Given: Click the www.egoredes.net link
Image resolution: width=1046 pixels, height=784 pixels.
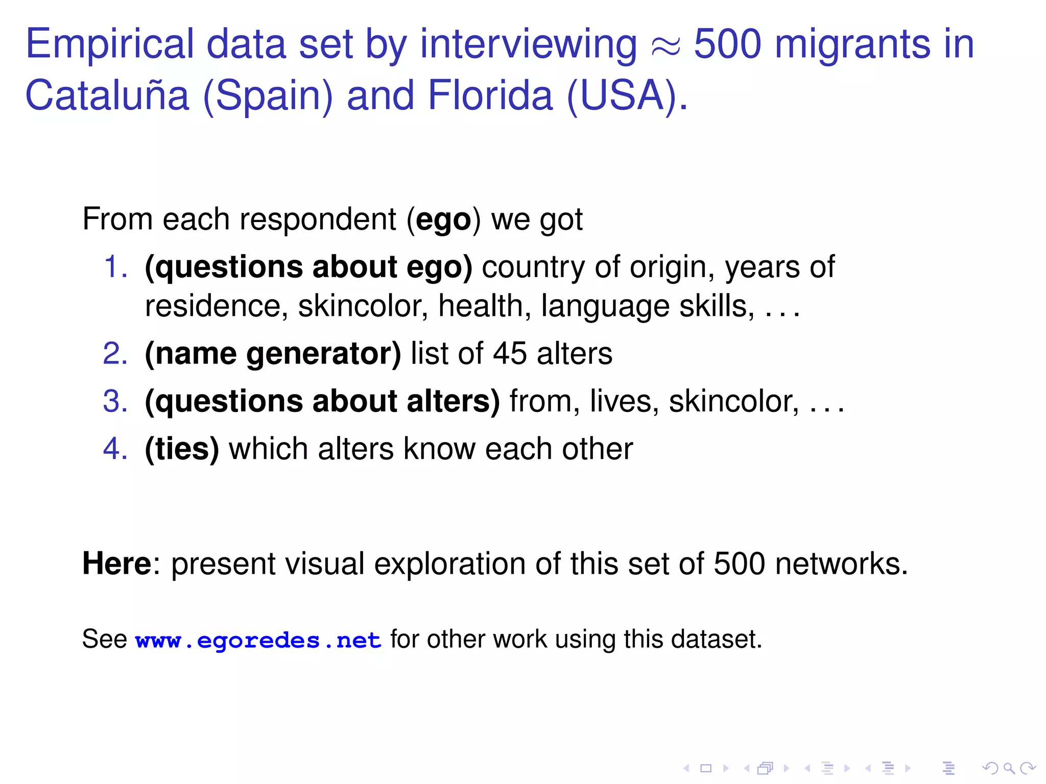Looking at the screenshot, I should pyautogui.click(x=258, y=640).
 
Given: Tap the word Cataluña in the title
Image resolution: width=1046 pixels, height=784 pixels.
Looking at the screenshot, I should pyautogui.click(x=107, y=96).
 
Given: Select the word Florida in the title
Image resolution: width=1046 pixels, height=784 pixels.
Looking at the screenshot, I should pyautogui.click(x=490, y=96).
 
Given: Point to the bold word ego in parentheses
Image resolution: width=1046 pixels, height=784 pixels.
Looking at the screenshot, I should pyautogui.click(x=443, y=220).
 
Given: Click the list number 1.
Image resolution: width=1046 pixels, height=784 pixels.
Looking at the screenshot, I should pyautogui.click(x=115, y=267).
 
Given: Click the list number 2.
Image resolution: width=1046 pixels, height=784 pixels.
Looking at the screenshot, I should pyautogui.click(x=115, y=354).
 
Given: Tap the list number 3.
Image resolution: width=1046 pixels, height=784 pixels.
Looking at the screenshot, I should pyautogui.click(x=115, y=401).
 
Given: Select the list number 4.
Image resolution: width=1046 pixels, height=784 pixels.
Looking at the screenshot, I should pyautogui.click(x=115, y=449).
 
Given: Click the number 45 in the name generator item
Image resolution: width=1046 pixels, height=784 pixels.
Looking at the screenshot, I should pyautogui.click(x=509, y=354).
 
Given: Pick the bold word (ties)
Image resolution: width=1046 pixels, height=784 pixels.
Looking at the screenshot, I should pyautogui.click(x=182, y=449).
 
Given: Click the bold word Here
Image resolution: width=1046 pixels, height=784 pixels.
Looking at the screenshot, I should pyautogui.click(x=117, y=564).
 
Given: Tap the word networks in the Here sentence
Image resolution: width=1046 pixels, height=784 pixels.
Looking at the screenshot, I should pyautogui.click(x=841, y=564).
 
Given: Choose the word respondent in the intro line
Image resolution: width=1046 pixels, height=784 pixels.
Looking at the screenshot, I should pyautogui.click(x=318, y=220).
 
